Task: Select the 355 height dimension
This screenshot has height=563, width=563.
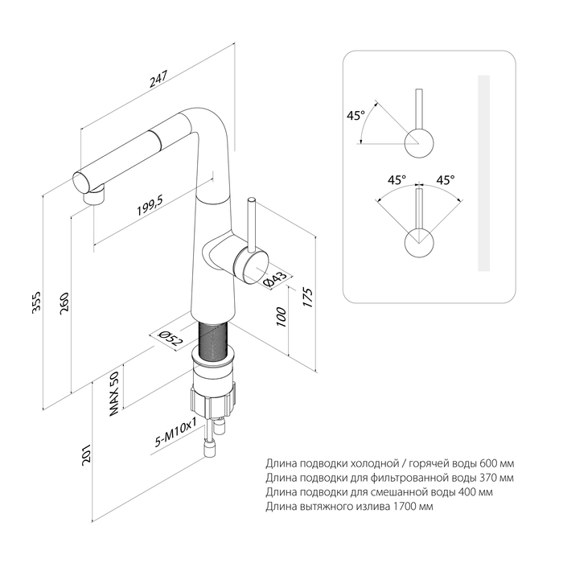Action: point(36,306)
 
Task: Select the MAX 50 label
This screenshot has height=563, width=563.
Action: point(114,395)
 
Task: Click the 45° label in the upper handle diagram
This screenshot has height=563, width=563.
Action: point(355,115)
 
